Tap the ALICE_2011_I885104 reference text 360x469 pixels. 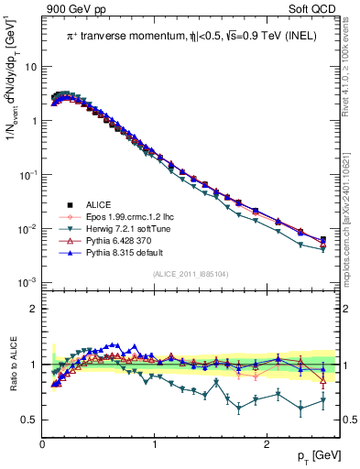tap(190, 275)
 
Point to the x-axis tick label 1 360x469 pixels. tap(155, 444)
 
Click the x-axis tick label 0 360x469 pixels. tap(43, 444)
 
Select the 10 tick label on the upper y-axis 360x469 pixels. tap(30, 67)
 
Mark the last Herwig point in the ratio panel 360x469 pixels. tap(323, 400)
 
